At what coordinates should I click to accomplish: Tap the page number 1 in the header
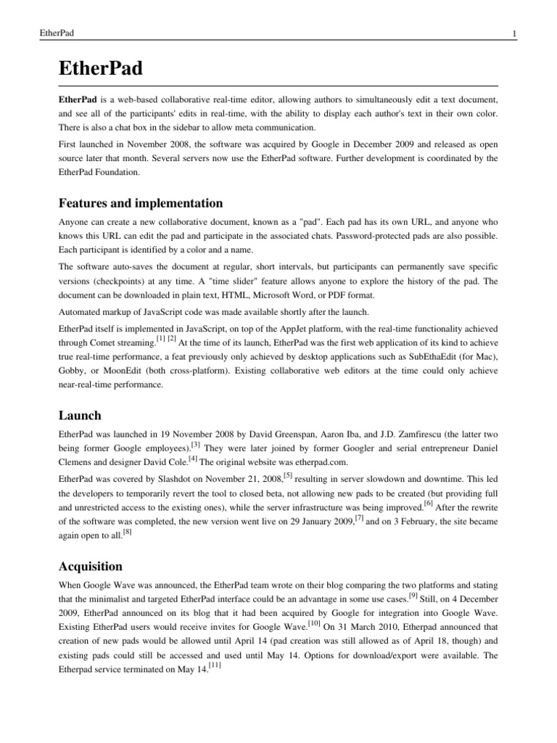coord(513,34)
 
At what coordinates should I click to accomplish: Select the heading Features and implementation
coord(140,203)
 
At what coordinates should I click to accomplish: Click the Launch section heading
coord(80,415)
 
